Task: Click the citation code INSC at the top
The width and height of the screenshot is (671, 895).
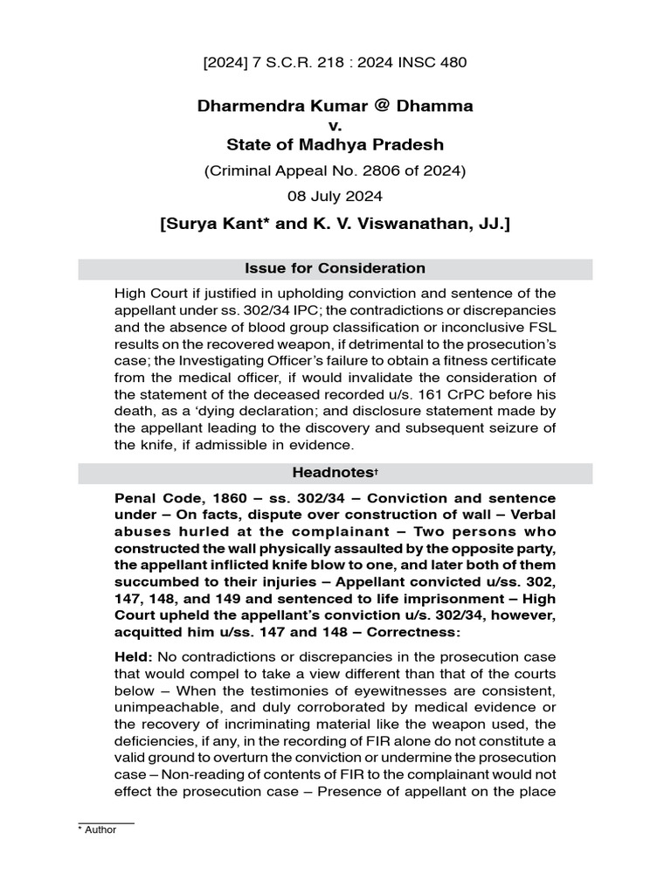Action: click(x=415, y=62)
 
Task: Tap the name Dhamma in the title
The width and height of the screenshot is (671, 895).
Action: click(x=435, y=106)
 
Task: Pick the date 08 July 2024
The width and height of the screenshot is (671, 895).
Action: click(x=335, y=197)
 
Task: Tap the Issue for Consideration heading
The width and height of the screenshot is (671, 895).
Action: click(x=335, y=268)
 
